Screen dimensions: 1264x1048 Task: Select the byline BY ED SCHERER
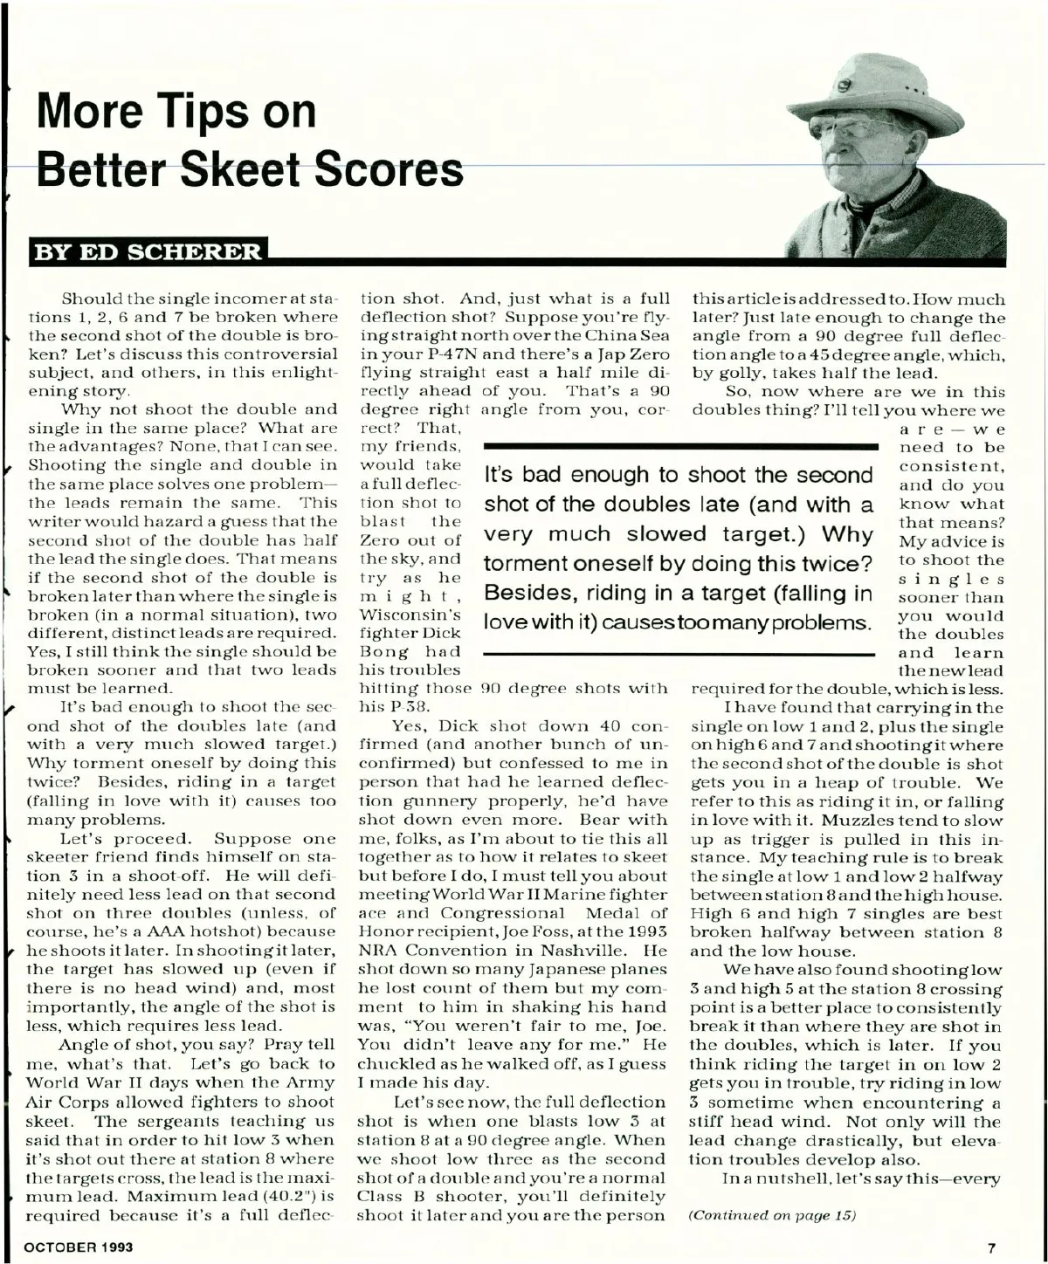[x=147, y=252]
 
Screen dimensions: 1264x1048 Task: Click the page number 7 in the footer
[x=991, y=1247]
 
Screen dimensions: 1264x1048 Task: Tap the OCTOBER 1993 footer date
[x=79, y=1247]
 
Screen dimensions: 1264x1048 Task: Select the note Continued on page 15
[x=773, y=1215]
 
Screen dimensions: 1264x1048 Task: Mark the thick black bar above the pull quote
[x=679, y=445]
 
